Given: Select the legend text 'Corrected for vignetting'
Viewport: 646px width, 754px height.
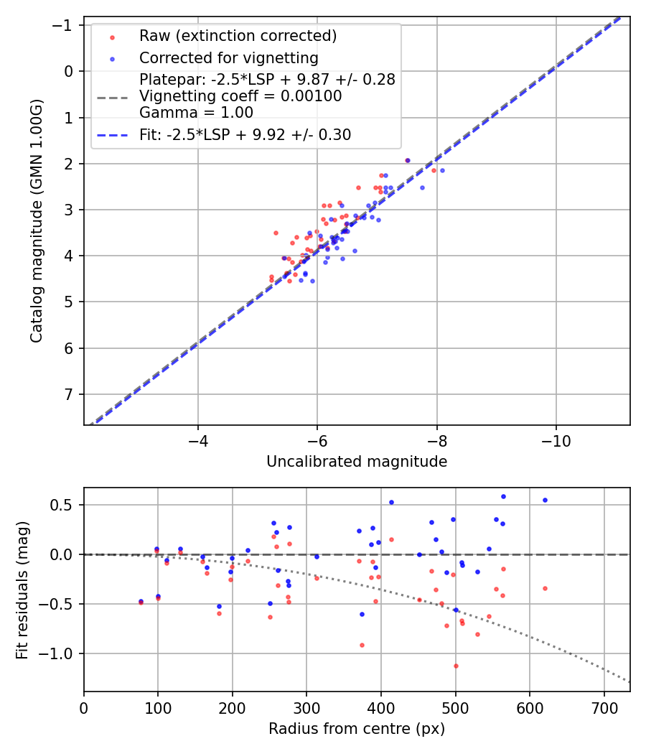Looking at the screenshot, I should point(228,57).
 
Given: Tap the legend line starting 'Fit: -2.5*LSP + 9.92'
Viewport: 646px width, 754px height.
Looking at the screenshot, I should point(245,134).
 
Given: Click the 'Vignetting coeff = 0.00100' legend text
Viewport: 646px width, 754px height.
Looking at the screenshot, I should point(240,96).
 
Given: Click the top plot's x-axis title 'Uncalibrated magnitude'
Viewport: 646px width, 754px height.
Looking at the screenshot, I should point(357,462).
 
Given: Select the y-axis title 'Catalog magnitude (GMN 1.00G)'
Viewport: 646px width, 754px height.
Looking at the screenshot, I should point(37,220).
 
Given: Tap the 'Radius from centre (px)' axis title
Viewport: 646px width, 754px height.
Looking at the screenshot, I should point(357,729).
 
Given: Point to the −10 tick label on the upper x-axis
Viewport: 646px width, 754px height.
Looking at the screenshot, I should point(556,439).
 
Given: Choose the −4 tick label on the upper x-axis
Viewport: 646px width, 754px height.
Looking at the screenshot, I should point(198,439).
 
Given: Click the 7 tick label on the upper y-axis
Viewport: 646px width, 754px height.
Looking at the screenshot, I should point(70,394).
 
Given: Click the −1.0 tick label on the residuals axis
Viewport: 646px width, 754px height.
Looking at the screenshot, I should point(60,653).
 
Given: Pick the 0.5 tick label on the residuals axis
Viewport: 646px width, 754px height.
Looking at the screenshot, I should point(64,505).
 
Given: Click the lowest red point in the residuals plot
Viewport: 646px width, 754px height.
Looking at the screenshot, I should point(456,666).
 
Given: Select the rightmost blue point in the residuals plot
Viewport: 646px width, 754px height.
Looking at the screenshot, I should point(545,500).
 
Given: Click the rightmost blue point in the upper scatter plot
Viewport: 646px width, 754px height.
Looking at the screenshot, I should point(442,170).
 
